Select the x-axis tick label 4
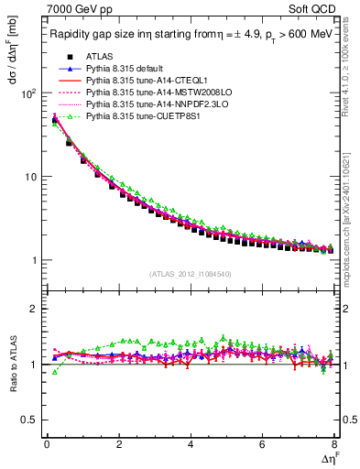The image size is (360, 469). click(x=191, y=446)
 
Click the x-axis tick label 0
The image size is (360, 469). click(x=47, y=446)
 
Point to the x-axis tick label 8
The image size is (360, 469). click(x=334, y=446)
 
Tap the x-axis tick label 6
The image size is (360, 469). click(x=262, y=446)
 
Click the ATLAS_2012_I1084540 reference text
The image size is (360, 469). click(x=191, y=274)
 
